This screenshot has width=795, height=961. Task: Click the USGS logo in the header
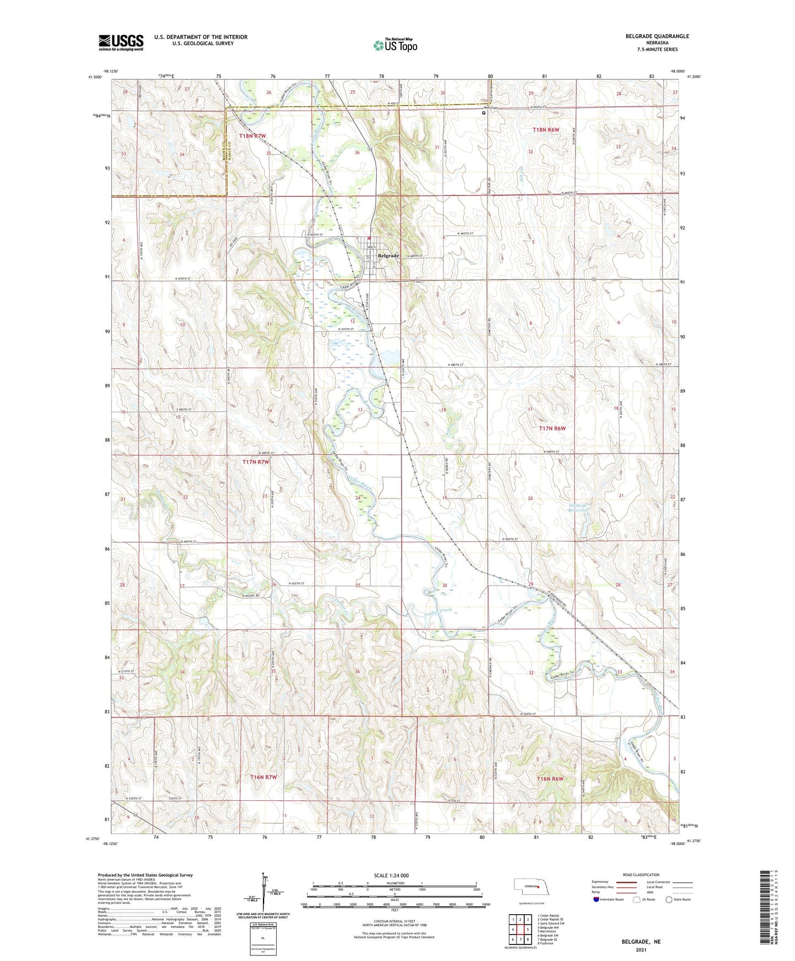120,42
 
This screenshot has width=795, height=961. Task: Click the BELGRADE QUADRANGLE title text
657,36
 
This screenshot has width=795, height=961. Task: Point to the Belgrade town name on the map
388,256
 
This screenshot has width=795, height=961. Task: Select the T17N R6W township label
552,428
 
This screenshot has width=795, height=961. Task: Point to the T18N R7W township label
253,135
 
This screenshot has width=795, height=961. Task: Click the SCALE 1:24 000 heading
391,876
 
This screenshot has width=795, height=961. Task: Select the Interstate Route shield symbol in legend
597,899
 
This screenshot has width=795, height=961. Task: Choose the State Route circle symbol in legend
669,899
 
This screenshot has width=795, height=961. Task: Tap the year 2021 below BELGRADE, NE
641,950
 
